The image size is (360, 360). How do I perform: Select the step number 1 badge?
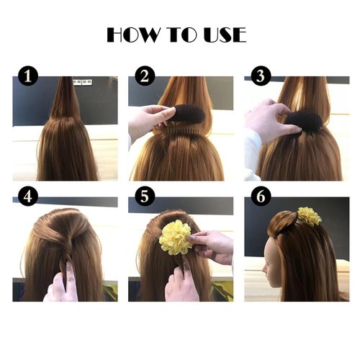[27, 75]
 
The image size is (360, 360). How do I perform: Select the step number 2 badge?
[145, 75]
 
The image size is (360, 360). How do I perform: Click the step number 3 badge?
[261, 75]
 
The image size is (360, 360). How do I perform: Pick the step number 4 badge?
[27, 197]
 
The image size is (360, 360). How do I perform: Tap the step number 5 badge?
[145, 197]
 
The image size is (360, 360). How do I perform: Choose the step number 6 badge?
[261, 197]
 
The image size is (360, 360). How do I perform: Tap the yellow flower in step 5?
[176, 238]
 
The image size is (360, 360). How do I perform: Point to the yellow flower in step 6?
[310, 215]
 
